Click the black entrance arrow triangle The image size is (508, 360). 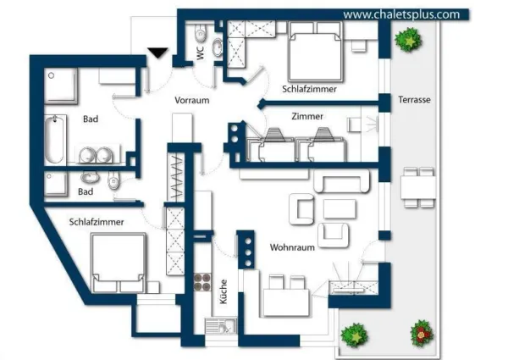pyautogui.click(x=157, y=53)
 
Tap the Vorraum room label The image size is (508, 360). pyautogui.click(x=192, y=100)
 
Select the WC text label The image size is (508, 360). pyautogui.click(x=201, y=53)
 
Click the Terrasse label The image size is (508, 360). pyautogui.click(x=414, y=99)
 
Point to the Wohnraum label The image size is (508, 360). pyautogui.click(x=292, y=247)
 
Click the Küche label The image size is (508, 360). pyautogui.click(x=224, y=291)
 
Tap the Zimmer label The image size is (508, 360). pyautogui.click(x=307, y=116)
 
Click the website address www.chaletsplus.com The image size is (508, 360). pyautogui.click(x=401, y=14)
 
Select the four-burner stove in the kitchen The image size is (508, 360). pyautogui.click(x=202, y=281)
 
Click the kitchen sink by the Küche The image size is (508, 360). pyautogui.click(x=221, y=325)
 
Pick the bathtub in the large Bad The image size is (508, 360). pyautogui.click(x=55, y=140)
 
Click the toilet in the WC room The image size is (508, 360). pyautogui.click(x=201, y=34)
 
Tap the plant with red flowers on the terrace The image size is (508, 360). pyautogui.click(x=422, y=334)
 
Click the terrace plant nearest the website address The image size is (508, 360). pyautogui.click(x=408, y=40)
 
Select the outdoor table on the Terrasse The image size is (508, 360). pyautogui.click(x=418, y=187)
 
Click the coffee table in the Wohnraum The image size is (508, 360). pyautogui.click(x=340, y=208)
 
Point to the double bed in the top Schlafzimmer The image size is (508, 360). pyautogui.click(x=315, y=51)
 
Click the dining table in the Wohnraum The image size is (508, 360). pyautogui.click(x=286, y=303)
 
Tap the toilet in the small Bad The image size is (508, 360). pyautogui.click(x=113, y=180)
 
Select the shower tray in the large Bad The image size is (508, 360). pyautogui.click(x=61, y=86)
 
